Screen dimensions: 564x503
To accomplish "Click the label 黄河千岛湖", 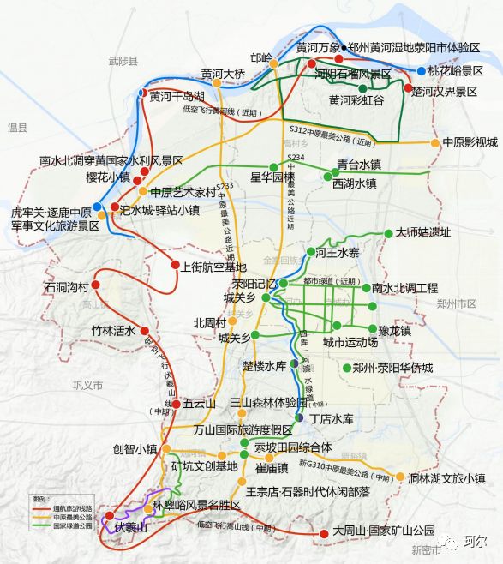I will point(177,96).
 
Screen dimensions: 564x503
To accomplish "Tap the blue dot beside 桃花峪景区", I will point(421,70).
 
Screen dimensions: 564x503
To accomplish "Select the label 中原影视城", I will point(470,142).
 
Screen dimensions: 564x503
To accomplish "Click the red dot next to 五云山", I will point(175,403).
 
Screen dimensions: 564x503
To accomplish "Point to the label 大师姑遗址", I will point(422,232).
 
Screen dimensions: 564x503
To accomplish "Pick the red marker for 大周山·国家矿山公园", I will point(323,534).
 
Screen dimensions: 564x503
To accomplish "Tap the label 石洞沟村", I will point(61,286).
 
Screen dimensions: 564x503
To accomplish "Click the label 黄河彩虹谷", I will point(356,101).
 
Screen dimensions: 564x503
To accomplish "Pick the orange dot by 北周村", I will point(233,323).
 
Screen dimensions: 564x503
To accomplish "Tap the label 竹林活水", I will point(115,330).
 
